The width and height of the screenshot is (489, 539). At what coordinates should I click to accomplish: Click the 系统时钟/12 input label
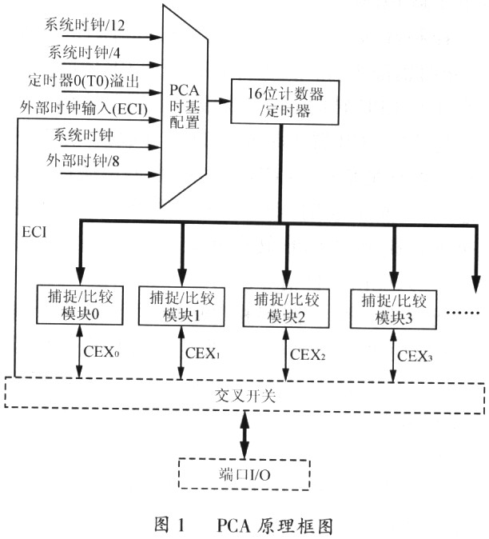(85, 26)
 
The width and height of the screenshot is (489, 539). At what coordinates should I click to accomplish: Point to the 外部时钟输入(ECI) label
(92, 108)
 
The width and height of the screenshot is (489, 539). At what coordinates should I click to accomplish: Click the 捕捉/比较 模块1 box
(181, 305)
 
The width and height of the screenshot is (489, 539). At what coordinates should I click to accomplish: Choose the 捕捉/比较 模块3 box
(391, 308)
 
